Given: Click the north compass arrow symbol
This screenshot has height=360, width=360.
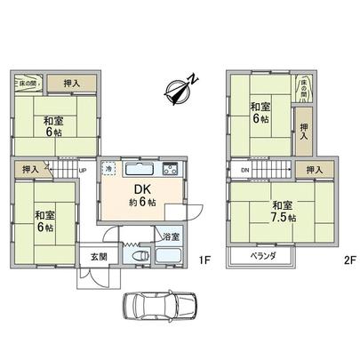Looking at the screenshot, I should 180,90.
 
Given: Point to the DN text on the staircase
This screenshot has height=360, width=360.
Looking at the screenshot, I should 243,169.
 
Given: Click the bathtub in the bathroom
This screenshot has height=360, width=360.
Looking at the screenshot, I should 169,257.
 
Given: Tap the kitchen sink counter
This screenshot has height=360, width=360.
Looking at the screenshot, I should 140,170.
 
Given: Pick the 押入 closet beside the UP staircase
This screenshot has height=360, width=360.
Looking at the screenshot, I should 29,167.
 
